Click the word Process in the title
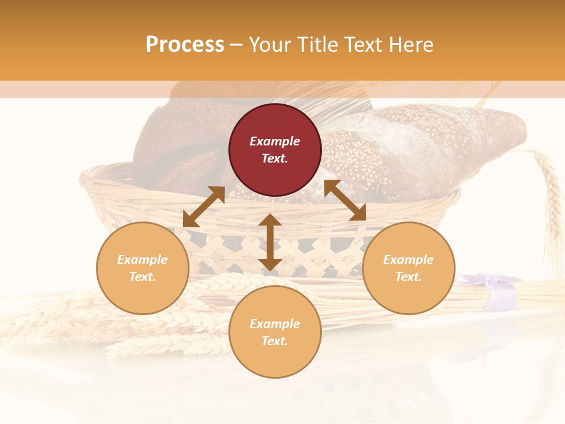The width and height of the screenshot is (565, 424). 185,45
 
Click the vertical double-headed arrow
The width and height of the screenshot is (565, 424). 270,242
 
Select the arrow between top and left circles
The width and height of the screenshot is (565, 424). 204,207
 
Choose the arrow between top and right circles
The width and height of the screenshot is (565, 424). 345,200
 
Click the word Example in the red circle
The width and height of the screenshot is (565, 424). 275,141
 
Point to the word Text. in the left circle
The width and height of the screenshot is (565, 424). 142,277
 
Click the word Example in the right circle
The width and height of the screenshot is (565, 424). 408,260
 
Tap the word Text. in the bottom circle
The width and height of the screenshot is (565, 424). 275,341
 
